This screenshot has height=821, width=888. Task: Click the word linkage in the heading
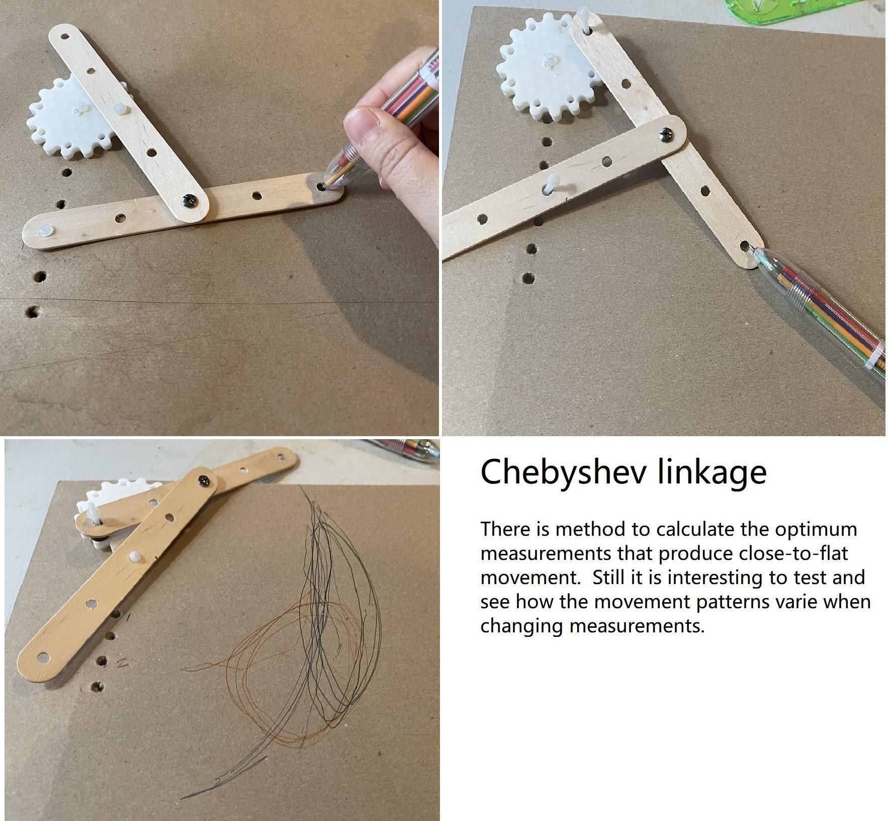click(712, 472)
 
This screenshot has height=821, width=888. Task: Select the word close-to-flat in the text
click(793, 553)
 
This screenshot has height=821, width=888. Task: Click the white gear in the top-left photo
click(69, 121)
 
